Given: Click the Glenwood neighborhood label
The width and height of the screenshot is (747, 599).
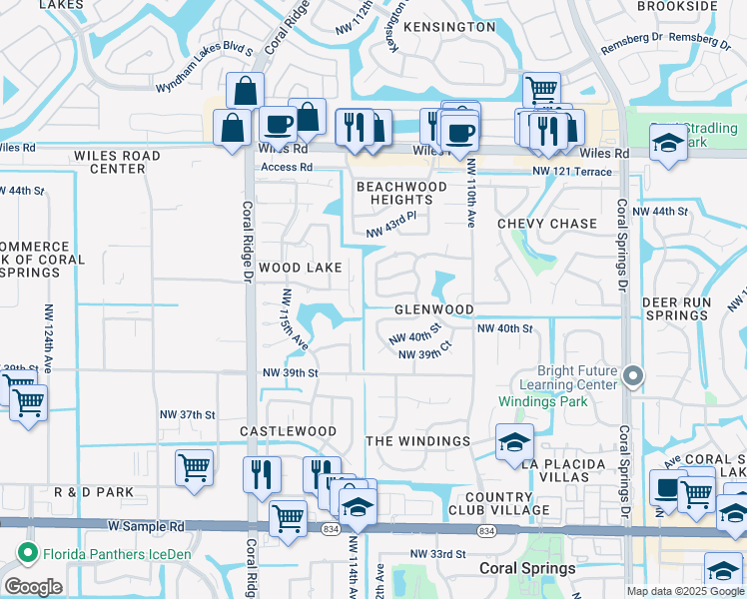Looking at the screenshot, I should tap(433, 309).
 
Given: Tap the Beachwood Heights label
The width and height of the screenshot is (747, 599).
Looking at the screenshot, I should tap(401, 194).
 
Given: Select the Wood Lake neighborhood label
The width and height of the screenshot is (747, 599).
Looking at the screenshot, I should tap(301, 268).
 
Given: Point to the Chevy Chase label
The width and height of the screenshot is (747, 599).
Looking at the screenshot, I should tap(547, 224).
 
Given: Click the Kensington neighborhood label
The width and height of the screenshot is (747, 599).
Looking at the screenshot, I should tap(451, 27).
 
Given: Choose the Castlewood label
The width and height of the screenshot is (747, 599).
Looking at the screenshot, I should tap(289, 431).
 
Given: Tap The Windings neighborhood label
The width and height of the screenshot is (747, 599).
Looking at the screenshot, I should tap(418, 441).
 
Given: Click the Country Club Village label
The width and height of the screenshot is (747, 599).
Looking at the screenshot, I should tap(497, 503).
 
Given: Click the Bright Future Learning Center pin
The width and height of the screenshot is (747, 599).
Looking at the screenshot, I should tap(631, 376).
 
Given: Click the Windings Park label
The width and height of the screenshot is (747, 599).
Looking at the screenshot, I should tap(543, 401).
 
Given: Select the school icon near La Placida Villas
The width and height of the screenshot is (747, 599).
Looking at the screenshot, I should tap(514, 442).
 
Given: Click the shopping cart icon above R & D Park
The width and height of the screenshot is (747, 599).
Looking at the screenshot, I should tap(194, 466).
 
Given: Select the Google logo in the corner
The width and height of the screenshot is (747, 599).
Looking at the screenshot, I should tap(34, 587).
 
